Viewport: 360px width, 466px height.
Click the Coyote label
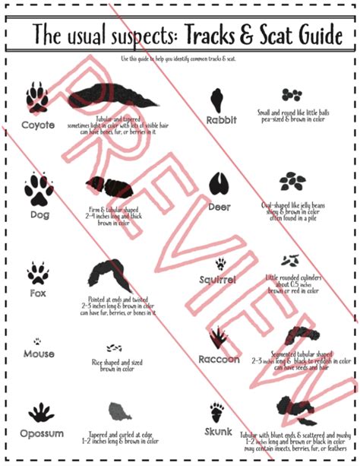click(38, 125)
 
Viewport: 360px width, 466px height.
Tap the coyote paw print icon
click(36, 97)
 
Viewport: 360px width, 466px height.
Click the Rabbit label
click(222, 120)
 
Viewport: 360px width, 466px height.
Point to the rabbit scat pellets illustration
click(292, 95)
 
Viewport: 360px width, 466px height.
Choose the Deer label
click(221, 207)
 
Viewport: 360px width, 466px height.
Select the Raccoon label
click(219, 359)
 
